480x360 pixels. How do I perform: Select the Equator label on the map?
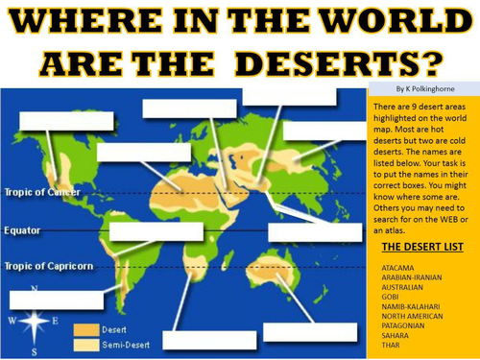click(x=22, y=231)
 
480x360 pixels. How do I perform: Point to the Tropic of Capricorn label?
click(x=47, y=266)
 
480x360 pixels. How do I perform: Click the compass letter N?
click(x=36, y=288)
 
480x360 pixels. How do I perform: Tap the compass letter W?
click(x=12, y=320)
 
